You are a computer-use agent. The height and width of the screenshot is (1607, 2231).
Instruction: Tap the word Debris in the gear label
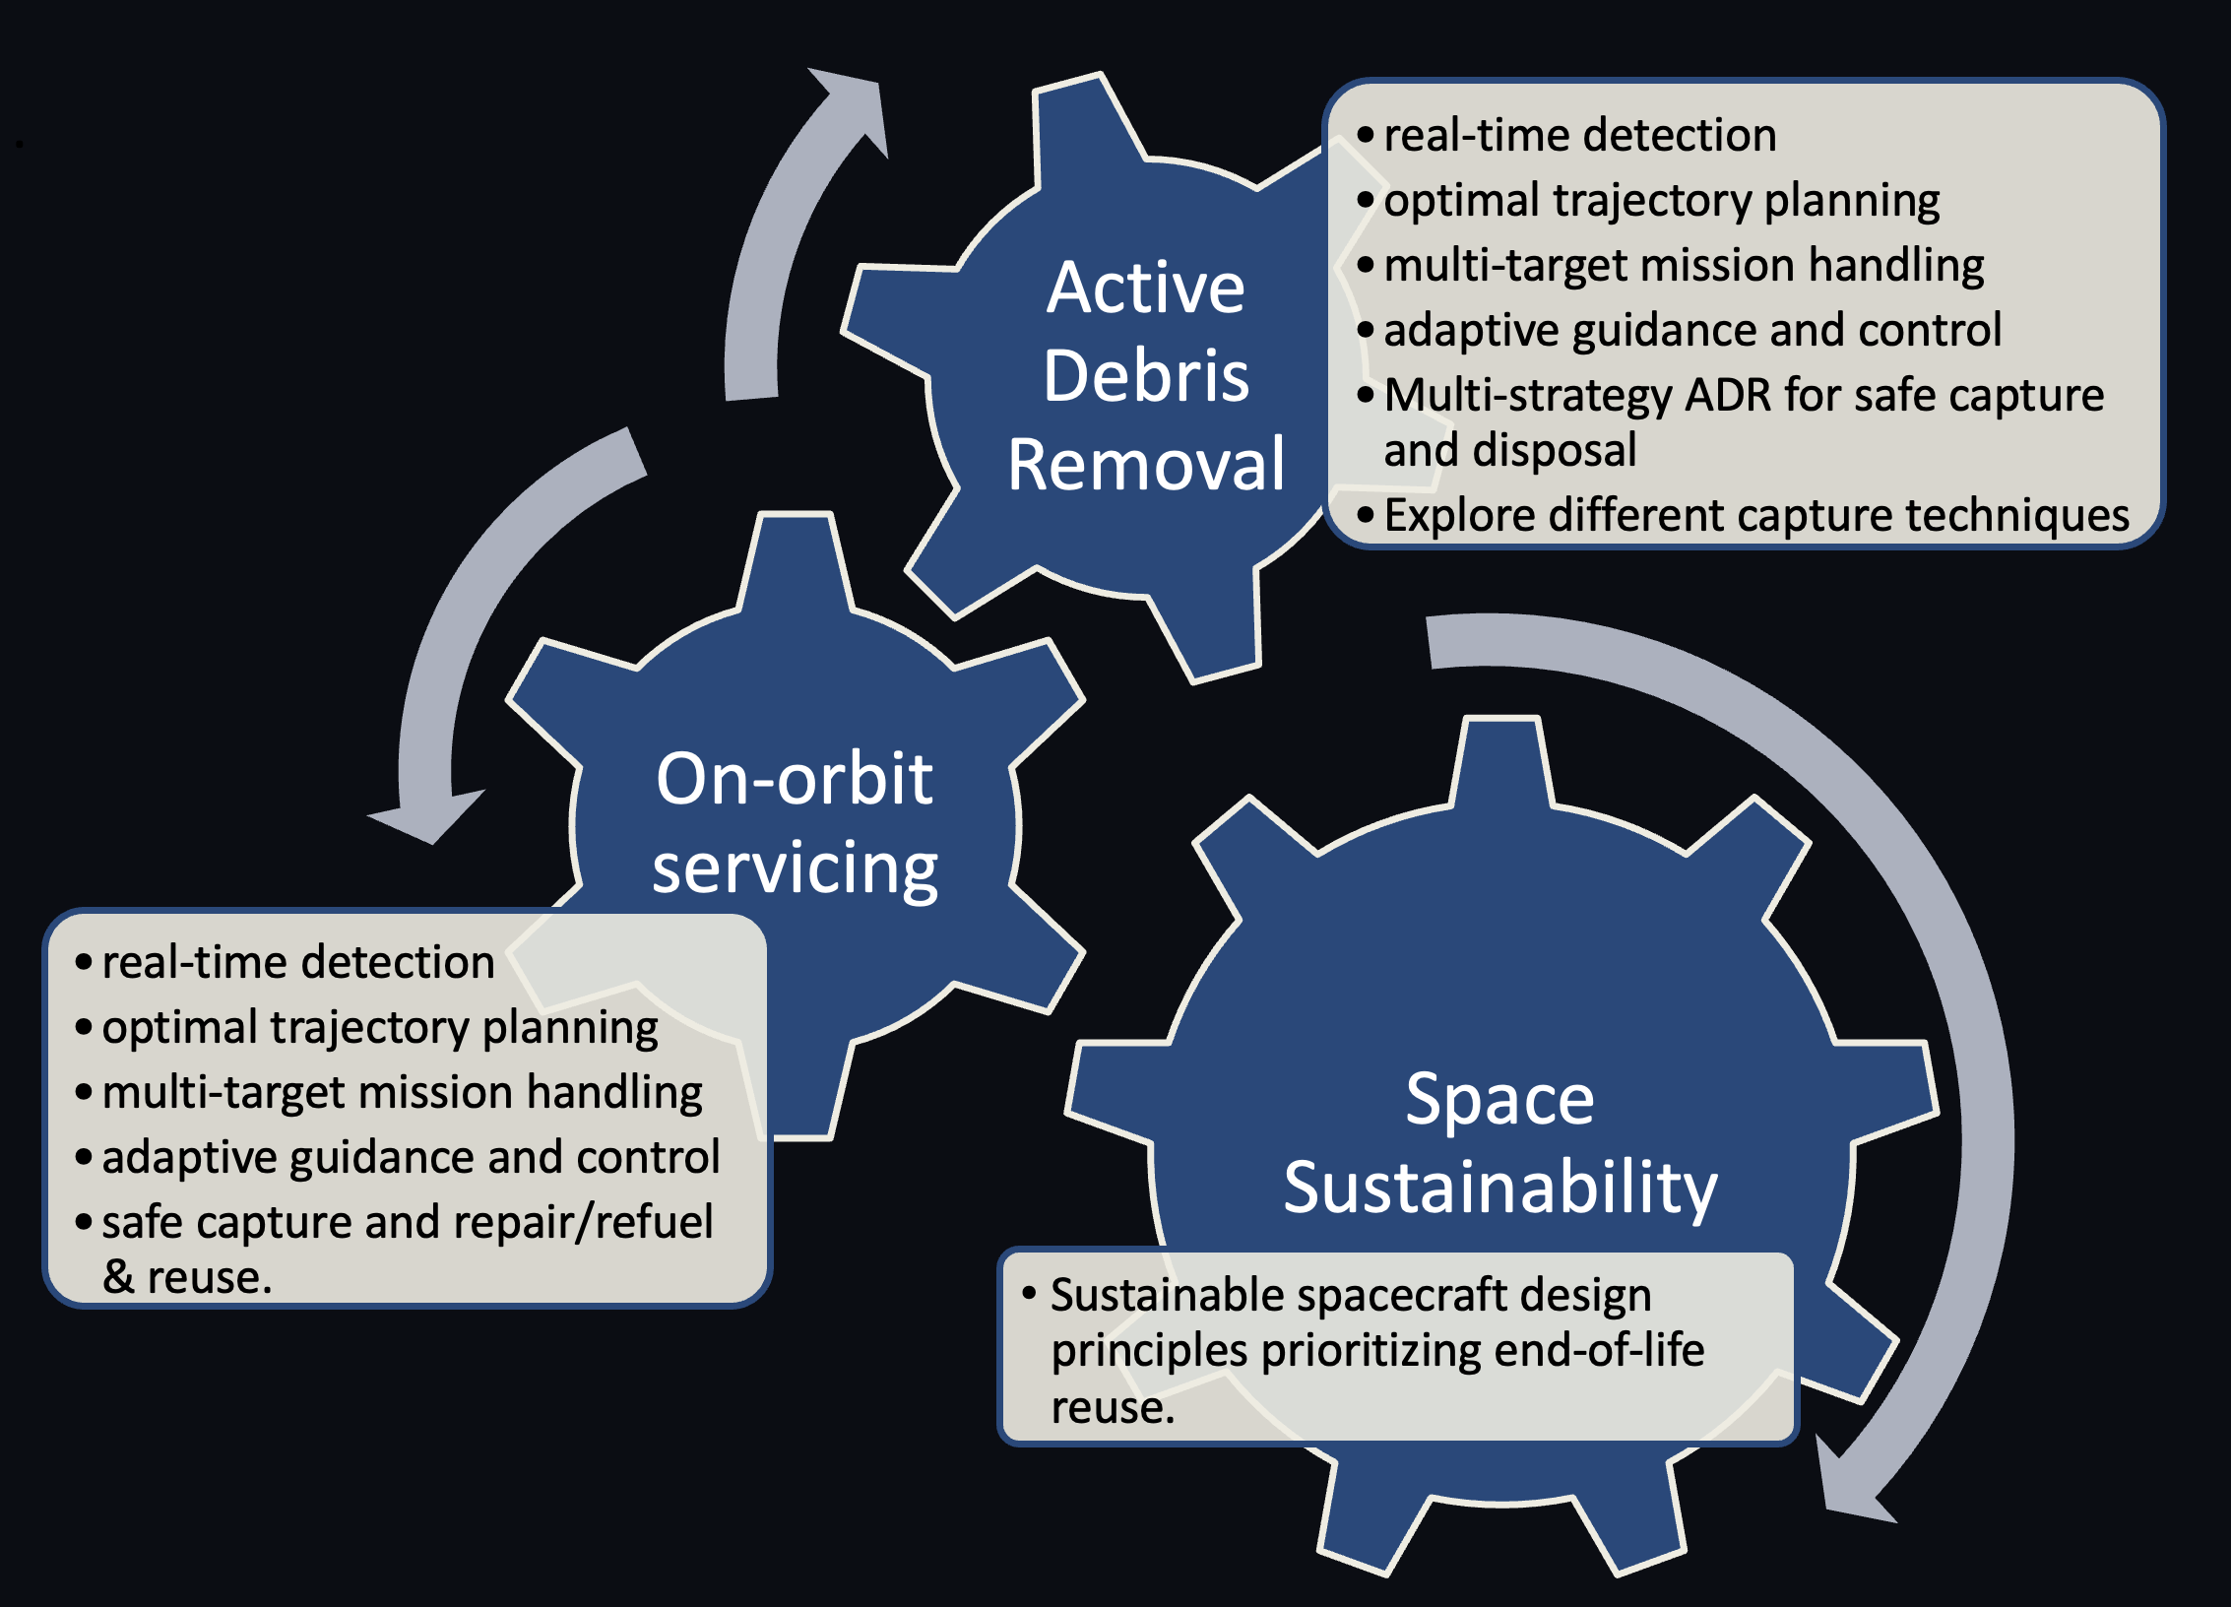[x=1145, y=376]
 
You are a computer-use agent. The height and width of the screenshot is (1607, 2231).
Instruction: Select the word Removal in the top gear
[x=1145, y=465]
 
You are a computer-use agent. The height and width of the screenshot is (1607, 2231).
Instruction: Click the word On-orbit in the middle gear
[x=794, y=779]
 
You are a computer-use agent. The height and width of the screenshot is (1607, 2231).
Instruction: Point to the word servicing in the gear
[x=794, y=868]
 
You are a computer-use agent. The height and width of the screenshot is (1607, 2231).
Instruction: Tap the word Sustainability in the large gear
[x=1498, y=1188]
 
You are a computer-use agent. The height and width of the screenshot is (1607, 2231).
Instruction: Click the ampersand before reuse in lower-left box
[x=118, y=1277]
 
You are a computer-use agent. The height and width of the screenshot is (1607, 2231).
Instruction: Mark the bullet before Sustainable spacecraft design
[x=1029, y=1293]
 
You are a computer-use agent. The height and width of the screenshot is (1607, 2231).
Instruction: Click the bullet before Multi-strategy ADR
[x=1365, y=396]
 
